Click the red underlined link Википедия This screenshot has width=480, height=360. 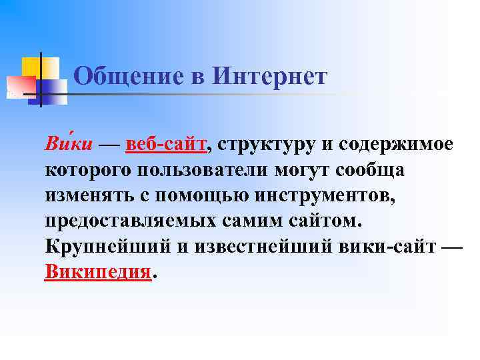pyautogui.click(x=98, y=271)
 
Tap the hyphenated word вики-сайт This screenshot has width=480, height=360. pyautogui.click(x=384, y=246)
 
